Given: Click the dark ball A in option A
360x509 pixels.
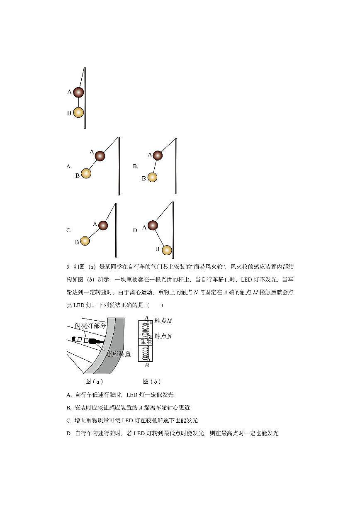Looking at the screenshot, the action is (x=100, y=156).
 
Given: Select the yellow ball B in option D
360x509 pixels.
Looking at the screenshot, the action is (x=167, y=250).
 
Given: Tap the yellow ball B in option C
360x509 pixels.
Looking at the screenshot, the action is (x=85, y=241).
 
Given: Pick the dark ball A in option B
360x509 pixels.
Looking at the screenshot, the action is (x=158, y=156).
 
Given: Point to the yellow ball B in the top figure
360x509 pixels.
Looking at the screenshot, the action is (x=78, y=112).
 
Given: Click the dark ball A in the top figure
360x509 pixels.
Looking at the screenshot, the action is (x=78, y=92).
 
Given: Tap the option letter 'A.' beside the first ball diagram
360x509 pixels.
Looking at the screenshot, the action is (x=69, y=166).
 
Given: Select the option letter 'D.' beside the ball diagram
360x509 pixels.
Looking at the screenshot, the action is (x=136, y=230).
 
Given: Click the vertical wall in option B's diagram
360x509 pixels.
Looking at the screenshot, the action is (x=176, y=166).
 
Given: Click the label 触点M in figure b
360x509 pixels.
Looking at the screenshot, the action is (x=163, y=321).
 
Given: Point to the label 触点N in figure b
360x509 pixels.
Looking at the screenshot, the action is (x=163, y=336).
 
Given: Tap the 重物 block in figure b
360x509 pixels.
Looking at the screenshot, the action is (x=146, y=342).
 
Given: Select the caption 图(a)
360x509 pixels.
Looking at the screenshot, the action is (x=94, y=381).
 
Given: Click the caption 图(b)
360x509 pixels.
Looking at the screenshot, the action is (x=151, y=381).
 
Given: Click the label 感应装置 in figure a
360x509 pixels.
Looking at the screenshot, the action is (x=119, y=354).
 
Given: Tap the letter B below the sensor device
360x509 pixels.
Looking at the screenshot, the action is (x=146, y=365).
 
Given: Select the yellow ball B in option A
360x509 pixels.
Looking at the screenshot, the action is (x=86, y=173).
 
